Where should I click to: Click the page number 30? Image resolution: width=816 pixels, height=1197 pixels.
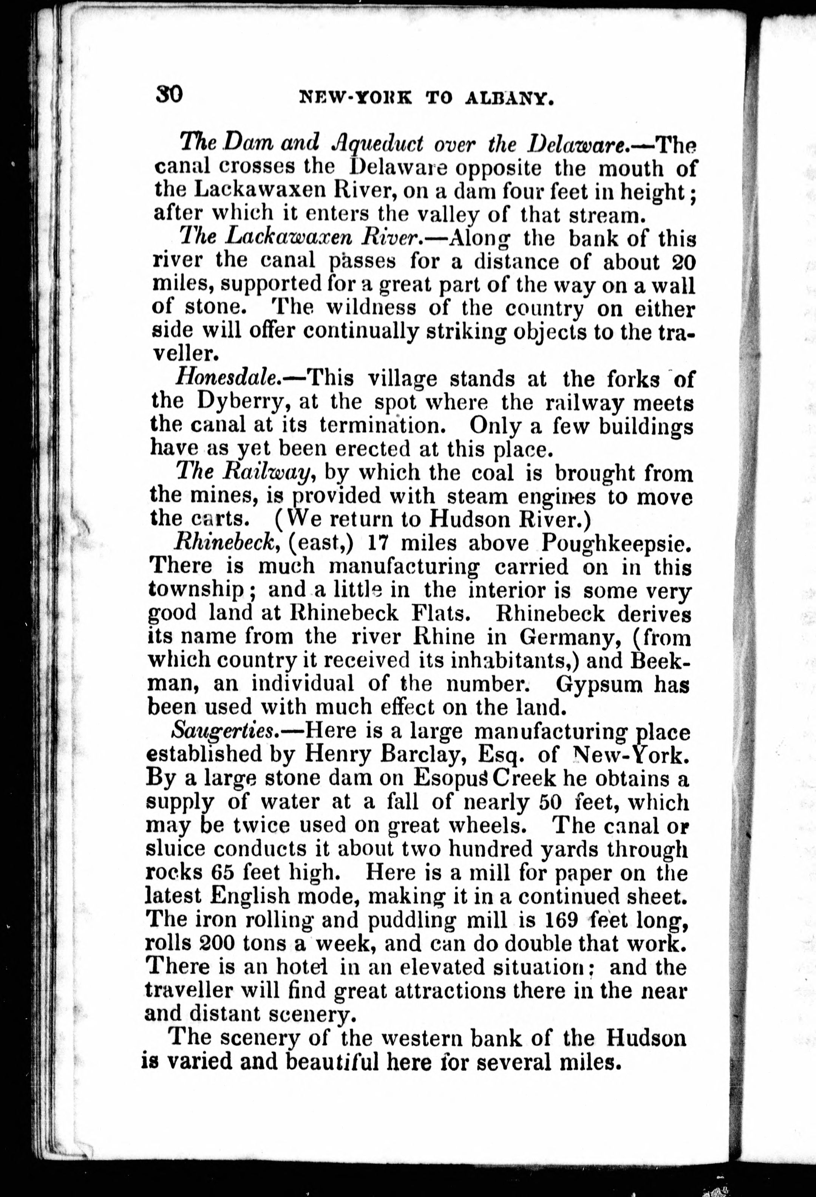coord(168,95)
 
